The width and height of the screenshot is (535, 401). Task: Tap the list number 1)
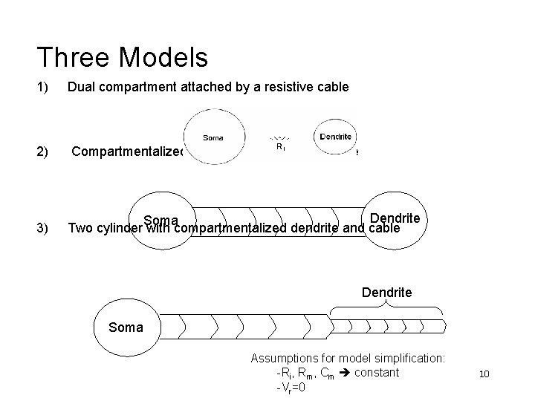pyautogui.click(x=42, y=88)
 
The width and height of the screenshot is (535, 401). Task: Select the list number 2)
pyautogui.click(x=42, y=152)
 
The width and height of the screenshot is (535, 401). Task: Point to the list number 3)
pyautogui.click(x=42, y=228)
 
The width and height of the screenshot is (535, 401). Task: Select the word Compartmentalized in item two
pyautogui.click(x=126, y=152)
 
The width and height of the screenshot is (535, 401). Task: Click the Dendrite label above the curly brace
pyautogui.click(x=386, y=293)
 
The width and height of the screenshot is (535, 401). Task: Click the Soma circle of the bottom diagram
pyautogui.click(x=125, y=326)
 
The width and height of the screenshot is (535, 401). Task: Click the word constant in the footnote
pyautogui.click(x=377, y=372)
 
